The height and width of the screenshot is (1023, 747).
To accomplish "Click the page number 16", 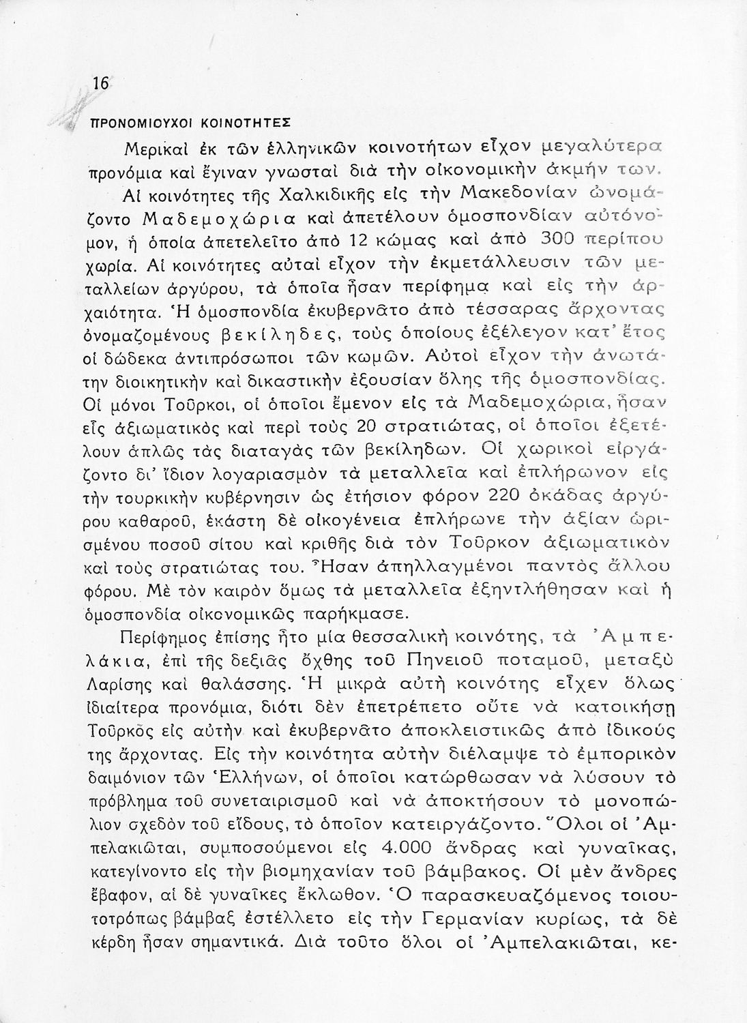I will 100,84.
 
